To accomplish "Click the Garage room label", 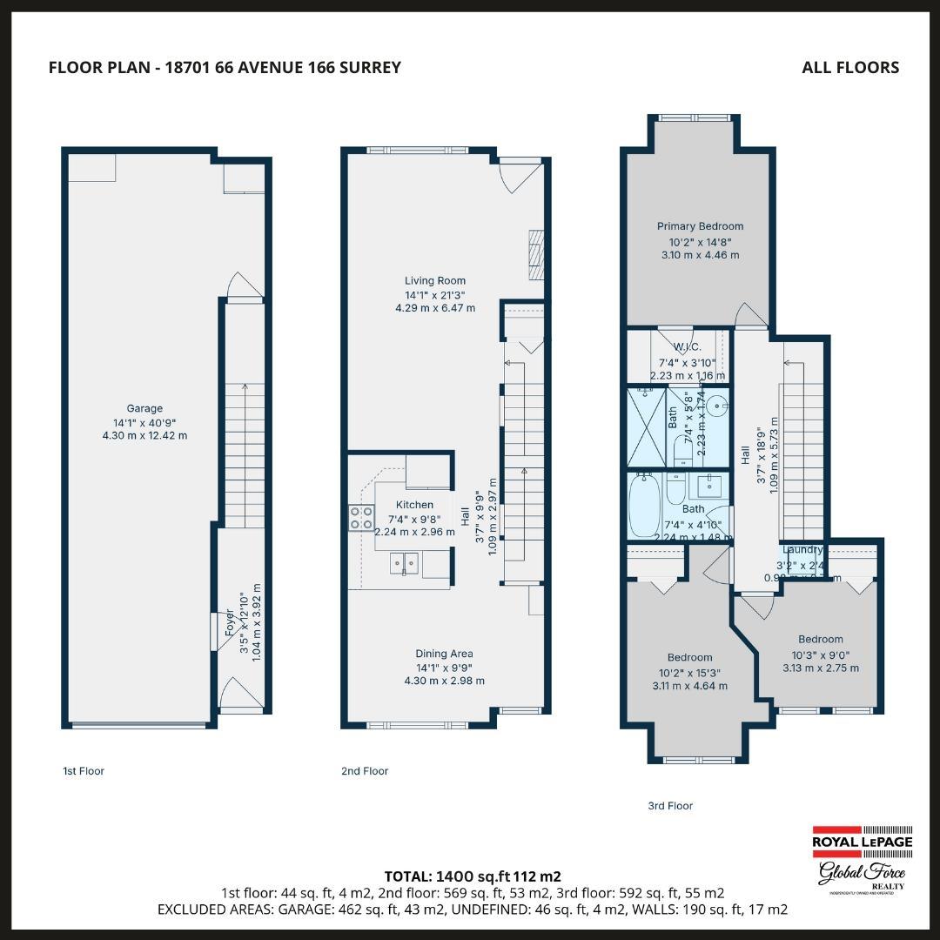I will coord(144,408).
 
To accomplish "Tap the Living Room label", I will coord(434,280).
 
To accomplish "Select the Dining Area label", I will coord(444,654).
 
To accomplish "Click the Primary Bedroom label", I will coord(700,226).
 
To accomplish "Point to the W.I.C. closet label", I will coord(688,346).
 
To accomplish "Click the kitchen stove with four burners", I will coord(361,518).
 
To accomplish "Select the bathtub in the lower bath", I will coord(644,505).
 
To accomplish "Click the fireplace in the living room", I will coord(536,254).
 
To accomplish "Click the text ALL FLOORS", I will coord(850,67).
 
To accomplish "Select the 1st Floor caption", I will coord(83,771).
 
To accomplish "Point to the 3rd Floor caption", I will coord(670,806).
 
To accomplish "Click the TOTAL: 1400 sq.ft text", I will coord(472,876).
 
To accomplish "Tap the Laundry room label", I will coord(802,550).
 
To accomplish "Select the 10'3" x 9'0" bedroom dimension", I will coord(820,655).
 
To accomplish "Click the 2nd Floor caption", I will coord(365,771).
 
